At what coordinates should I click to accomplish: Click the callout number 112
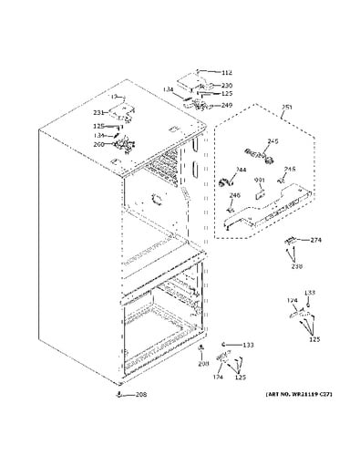tap(227, 73)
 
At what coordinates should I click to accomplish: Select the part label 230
tap(227, 85)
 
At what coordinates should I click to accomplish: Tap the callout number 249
tap(227, 105)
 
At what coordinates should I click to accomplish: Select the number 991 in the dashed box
tap(259, 181)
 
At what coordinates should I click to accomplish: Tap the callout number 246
tap(233, 195)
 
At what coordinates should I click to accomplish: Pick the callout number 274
tap(316, 240)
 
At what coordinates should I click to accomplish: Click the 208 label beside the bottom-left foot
tap(141, 395)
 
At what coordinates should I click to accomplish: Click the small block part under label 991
tap(259, 192)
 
